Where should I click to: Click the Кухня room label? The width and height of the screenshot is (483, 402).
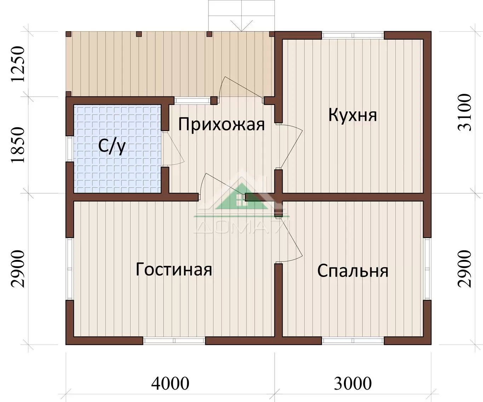pyautogui.click(x=352, y=115)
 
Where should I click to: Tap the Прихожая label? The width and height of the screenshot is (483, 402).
pyautogui.click(x=222, y=125)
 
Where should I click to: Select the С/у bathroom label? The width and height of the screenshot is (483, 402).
pyautogui.click(x=112, y=146)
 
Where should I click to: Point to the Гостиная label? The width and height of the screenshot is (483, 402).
pyautogui.click(x=174, y=269)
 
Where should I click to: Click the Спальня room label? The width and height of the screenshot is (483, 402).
pyautogui.click(x=353, y=271)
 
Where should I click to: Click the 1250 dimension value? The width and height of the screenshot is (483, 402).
pyautogui.click(x=18, y=64)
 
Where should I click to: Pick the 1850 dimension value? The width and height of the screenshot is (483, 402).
pyautogui.click(x=18, y=145)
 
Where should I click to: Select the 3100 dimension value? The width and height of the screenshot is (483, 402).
pyautogui.click(x=465, y=112)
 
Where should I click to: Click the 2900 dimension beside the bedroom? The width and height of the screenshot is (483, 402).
pyautogui.click(x=465, y=269)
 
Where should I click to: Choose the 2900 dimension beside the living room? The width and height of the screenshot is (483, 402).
pyautogui.click(x=18, y=269)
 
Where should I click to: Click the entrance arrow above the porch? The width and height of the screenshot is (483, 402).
pyautogui.click(x=241, y=26)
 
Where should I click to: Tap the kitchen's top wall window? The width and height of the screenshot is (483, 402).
pyautogui.click(x=353, y=35)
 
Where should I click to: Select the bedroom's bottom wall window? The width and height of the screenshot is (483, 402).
pyautogui.click(x=353, y=341)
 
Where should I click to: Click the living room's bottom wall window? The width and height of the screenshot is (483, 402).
pyautogui.click(x=174, y=341)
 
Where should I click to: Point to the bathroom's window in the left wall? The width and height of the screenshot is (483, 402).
pyautogui.click(x=70, y=149)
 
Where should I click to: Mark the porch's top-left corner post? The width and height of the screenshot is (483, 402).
pyautogui.click(x=69, y=34)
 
